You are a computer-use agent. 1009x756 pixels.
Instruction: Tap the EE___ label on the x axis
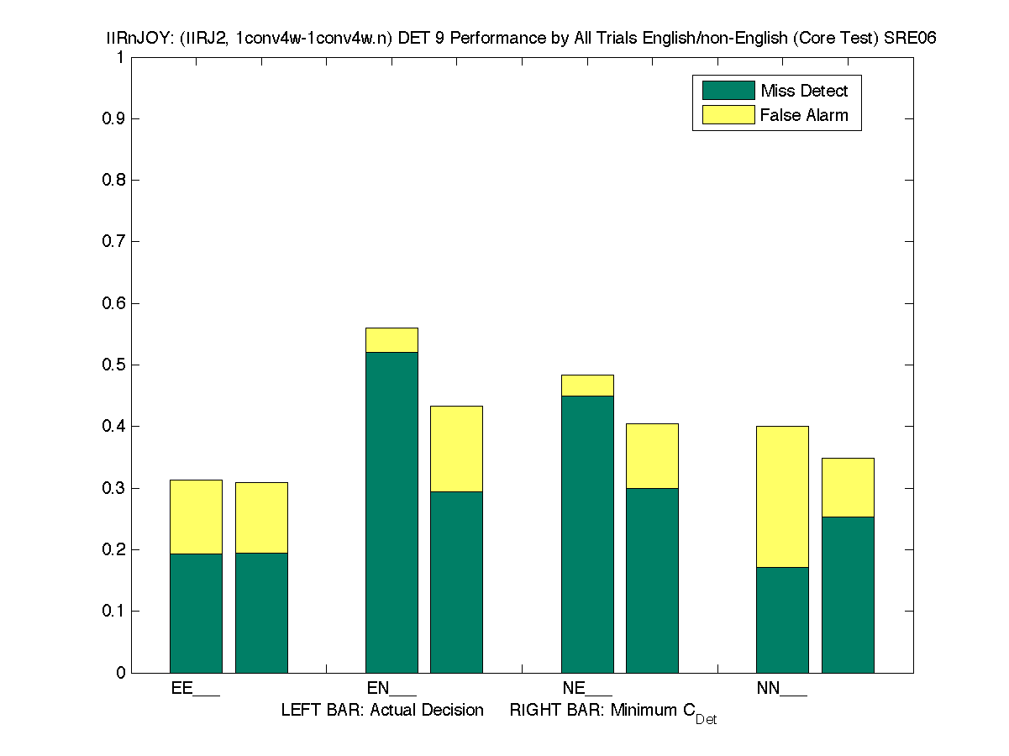195,689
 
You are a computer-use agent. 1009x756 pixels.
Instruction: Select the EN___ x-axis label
392,689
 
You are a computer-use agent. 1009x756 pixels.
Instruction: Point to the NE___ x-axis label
587,689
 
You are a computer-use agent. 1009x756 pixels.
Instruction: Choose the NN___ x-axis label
781,689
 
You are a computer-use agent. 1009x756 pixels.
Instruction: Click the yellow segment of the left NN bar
782,496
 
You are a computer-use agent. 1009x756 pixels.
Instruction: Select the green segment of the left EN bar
392,512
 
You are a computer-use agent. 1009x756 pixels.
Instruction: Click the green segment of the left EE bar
196,613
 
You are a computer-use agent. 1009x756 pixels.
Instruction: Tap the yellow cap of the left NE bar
587,385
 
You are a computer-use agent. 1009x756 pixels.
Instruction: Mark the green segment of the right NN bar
848,595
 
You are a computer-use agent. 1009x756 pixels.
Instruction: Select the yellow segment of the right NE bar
652,455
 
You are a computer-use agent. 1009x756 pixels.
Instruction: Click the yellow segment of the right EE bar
261,517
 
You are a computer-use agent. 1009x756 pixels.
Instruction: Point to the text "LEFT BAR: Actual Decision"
382,711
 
